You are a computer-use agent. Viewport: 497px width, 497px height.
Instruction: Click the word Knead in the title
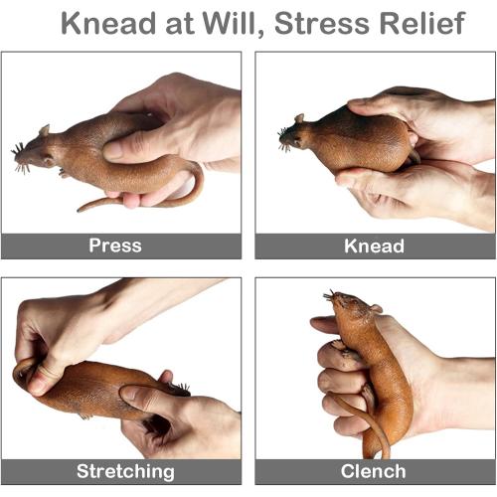[108, 23]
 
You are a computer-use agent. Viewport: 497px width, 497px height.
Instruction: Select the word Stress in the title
[321, 23]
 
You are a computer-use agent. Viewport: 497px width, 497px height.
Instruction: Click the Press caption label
[115, 246]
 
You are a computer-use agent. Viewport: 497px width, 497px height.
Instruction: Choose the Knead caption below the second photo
[374, 247]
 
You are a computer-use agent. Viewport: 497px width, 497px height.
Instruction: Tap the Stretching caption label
[125, 471]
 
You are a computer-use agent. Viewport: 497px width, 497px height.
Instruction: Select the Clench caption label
[373, 471]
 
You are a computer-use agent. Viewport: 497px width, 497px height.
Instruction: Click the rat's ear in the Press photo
[44, 130]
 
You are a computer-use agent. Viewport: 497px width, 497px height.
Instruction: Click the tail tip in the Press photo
[80, 210]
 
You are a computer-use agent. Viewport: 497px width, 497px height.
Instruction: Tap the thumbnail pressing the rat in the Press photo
[112, 150]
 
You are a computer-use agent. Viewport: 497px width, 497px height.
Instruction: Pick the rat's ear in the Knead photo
[299, 118]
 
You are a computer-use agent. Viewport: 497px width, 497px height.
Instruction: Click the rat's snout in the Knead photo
[284, 138]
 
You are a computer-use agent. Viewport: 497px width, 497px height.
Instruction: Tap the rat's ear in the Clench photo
[376, 308]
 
